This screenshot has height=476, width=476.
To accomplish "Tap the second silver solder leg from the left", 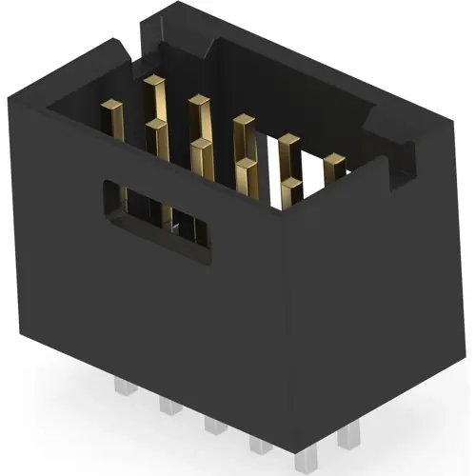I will coord(169,405).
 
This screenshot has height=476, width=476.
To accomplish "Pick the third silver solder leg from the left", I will coord(216,424).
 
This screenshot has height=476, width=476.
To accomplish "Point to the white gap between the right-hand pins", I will coord(309,186).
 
